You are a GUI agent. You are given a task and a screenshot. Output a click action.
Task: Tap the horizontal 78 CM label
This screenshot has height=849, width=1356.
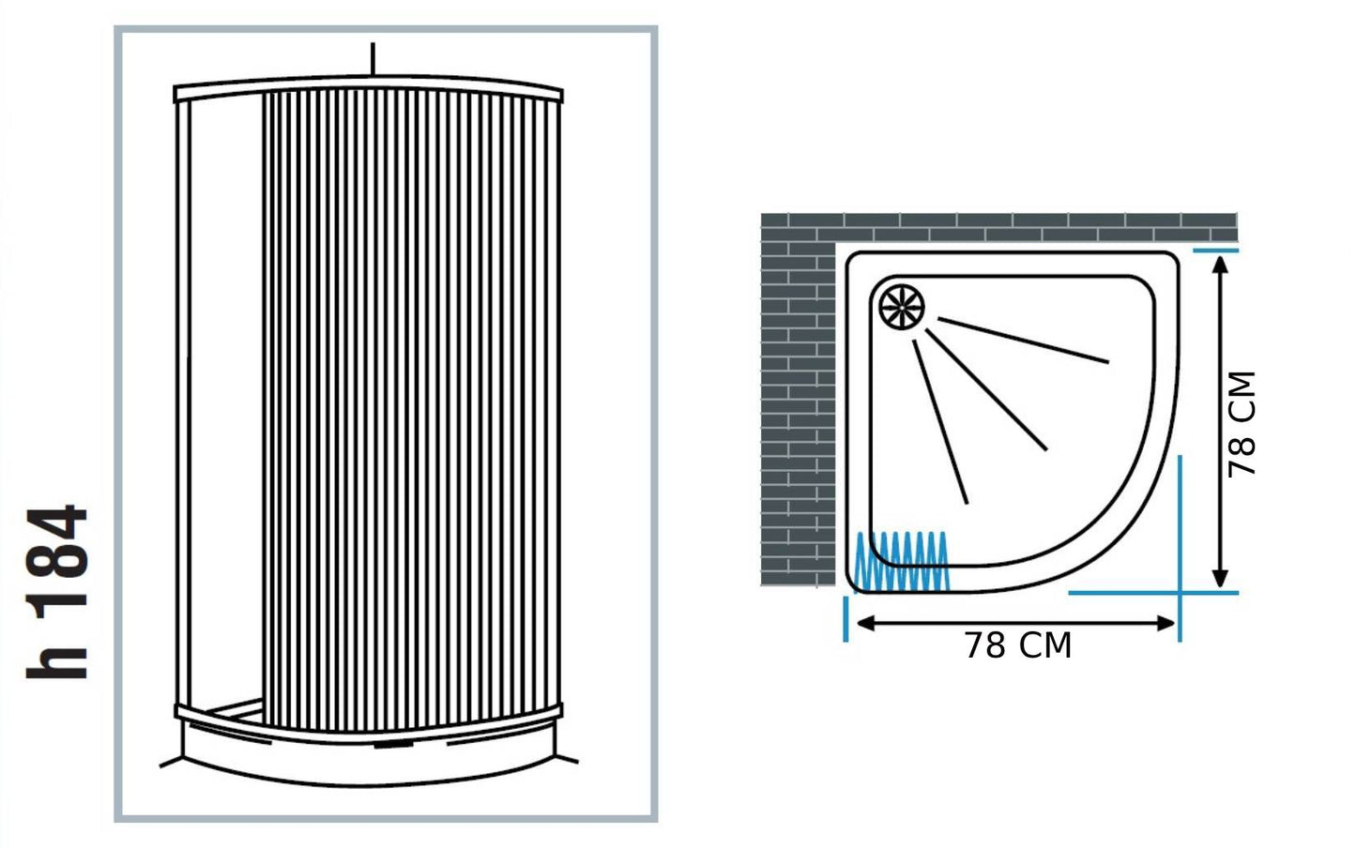click(1018, 646)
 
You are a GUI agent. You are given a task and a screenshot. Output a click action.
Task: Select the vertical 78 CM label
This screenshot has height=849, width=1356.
click(1242, 424)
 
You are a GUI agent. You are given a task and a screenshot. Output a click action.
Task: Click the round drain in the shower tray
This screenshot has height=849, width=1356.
click(902, 306)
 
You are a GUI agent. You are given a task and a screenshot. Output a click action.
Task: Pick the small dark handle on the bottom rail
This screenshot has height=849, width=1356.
click(394, 746)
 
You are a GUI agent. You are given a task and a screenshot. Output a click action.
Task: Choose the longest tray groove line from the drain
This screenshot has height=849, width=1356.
click(1023, 340)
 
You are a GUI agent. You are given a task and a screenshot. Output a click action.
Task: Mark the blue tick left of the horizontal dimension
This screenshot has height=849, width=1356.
click(846, 618)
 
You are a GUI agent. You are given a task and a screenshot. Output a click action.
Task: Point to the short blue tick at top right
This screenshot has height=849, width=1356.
click(1215, 250)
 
